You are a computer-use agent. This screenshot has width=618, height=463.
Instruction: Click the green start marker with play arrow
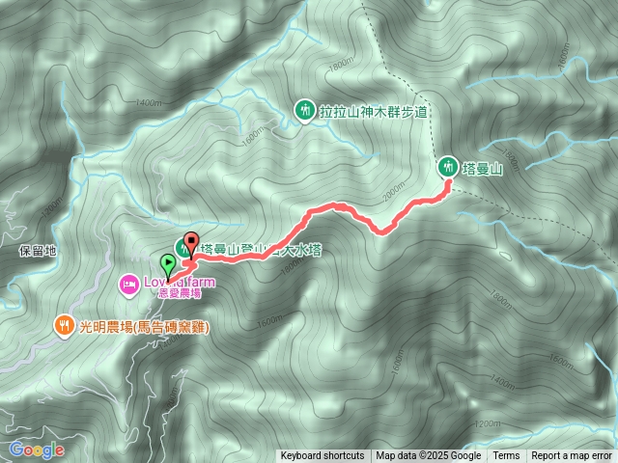(x=169, y=262)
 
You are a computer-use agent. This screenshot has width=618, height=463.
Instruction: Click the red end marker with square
(x=190, y=242)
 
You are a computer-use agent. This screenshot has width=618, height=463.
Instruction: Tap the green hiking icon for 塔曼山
(x=447, y=166)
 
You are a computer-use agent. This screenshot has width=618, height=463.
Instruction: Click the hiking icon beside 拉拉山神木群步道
(x=304, y=111)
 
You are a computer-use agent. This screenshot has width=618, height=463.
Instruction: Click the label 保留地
(x=38, y=251)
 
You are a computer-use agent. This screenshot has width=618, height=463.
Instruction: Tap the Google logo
(x=37, y=450)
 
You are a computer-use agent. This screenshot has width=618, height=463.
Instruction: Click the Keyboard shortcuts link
(x=323, y=456)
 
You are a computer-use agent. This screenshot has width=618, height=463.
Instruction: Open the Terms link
(x=506, y=456)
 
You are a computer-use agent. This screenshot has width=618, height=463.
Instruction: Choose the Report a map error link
(x=572, y=456)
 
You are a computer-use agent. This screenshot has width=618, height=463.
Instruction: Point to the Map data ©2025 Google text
(x=428, y=456)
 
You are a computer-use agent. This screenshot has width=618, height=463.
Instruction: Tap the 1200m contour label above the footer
(x=489, y=423)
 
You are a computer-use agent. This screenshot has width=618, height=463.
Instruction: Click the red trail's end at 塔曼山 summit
(x=447, y=189)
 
